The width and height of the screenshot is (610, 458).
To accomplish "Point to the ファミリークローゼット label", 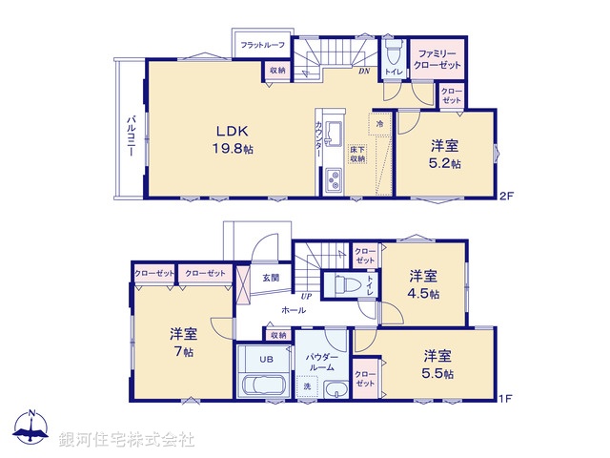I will click(x=436, y=60).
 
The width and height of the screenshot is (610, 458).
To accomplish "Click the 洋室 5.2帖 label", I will click(x=445, y=154).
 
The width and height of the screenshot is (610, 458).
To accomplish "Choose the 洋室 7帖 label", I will click(x=183, y=342).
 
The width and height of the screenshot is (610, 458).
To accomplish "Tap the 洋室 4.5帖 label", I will click(x=425, y=284).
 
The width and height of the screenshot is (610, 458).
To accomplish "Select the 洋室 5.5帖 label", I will click(x=438, y=363).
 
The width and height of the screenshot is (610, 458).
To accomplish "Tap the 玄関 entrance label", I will click(x=272, y=279).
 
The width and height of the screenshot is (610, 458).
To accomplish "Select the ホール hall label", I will click(x=293, y=311).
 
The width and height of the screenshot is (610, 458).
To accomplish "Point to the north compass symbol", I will click(x=30, y=430).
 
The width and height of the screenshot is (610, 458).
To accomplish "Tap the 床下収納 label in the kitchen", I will click(x=357, y=154).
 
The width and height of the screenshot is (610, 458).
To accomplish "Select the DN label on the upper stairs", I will click(x=363, y=71).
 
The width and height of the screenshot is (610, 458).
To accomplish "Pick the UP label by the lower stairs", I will click(x=307, y=297).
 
